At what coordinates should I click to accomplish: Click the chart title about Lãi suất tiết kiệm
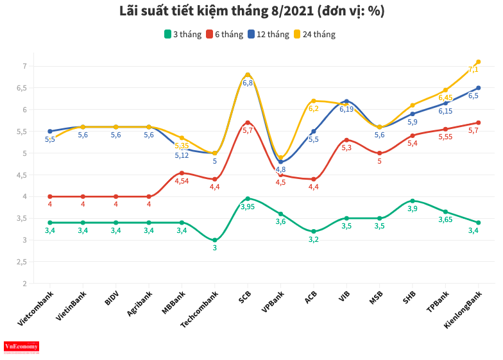pos(251,12)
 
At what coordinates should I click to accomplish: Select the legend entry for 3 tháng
pos(183,34)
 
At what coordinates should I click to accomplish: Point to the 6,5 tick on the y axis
pos(24,88)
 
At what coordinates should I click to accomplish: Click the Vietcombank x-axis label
pos(36,308)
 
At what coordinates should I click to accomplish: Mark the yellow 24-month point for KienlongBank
pos(479,62)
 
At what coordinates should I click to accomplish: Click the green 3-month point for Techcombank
pos(215,240)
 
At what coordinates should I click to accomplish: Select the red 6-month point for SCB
pos(248,123)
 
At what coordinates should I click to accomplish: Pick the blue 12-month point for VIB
pos(346,101)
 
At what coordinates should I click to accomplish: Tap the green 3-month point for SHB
pos(413,201)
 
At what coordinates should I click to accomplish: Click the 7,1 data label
pos(473,69)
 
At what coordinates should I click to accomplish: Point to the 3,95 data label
pos(248,207)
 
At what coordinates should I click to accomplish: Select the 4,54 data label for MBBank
pos(182,181)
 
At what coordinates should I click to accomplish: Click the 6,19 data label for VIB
pos(346,109)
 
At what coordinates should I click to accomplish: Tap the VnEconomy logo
pos(22,347)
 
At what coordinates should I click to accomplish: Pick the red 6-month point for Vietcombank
pos(50,196)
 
